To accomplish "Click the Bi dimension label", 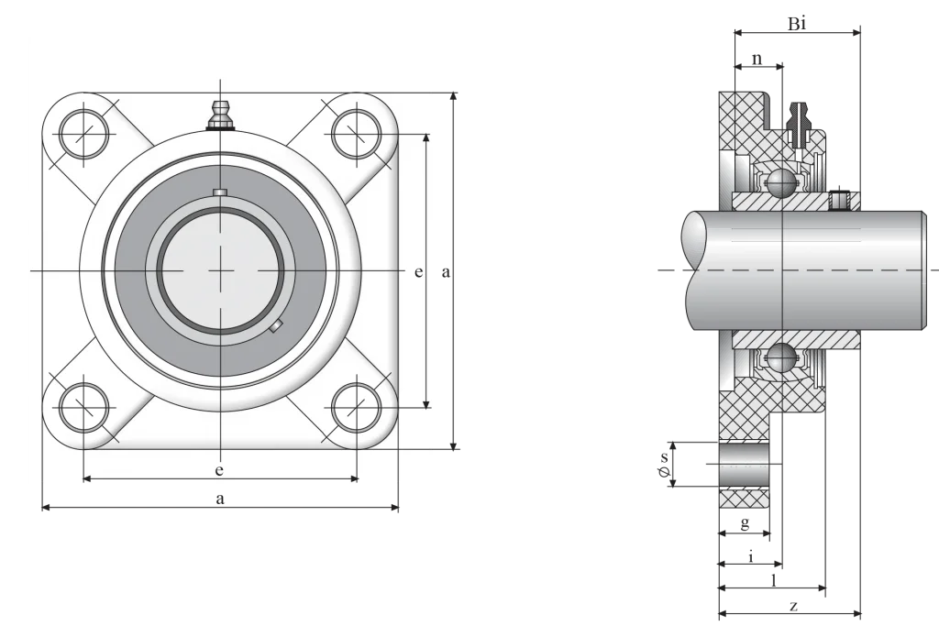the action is point(797,24).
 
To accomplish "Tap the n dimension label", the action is point(757,59).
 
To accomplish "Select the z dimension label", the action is point(793,607).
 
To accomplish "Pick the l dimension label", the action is point(774,579).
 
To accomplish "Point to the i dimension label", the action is point(751,556).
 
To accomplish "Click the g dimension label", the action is point(745,524).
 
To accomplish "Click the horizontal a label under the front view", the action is point(220,498).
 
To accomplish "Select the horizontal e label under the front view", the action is point(219,470).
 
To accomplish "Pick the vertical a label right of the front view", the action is point(446,272).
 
